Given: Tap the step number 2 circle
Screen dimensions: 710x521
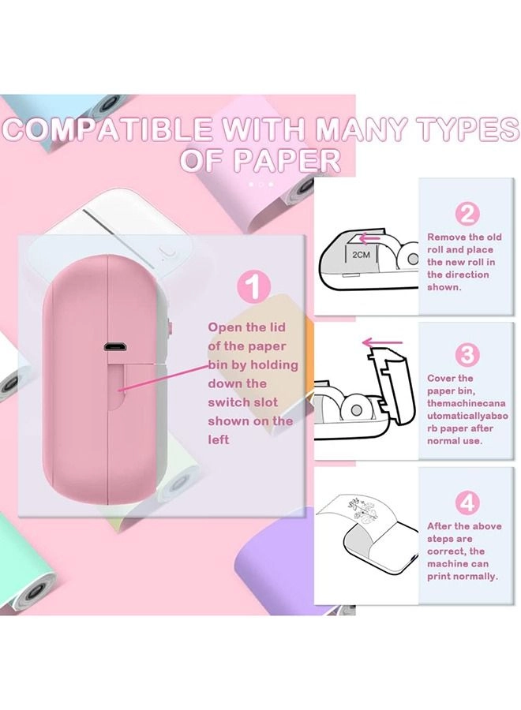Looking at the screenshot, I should [467, 213].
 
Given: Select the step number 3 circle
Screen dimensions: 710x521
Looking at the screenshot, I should [467, 354].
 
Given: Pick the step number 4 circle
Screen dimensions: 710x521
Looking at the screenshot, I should [467, 501].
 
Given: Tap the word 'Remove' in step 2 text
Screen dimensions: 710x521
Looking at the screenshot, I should [448, 237].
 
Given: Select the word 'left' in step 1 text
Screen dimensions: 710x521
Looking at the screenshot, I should [219, 439].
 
